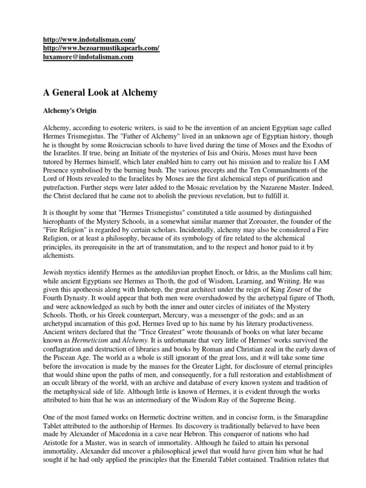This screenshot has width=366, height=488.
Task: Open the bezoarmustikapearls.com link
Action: tap(102, 49)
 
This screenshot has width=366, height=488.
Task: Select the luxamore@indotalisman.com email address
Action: tap(88, 57)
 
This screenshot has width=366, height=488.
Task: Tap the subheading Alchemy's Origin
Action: tap(70, 111)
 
